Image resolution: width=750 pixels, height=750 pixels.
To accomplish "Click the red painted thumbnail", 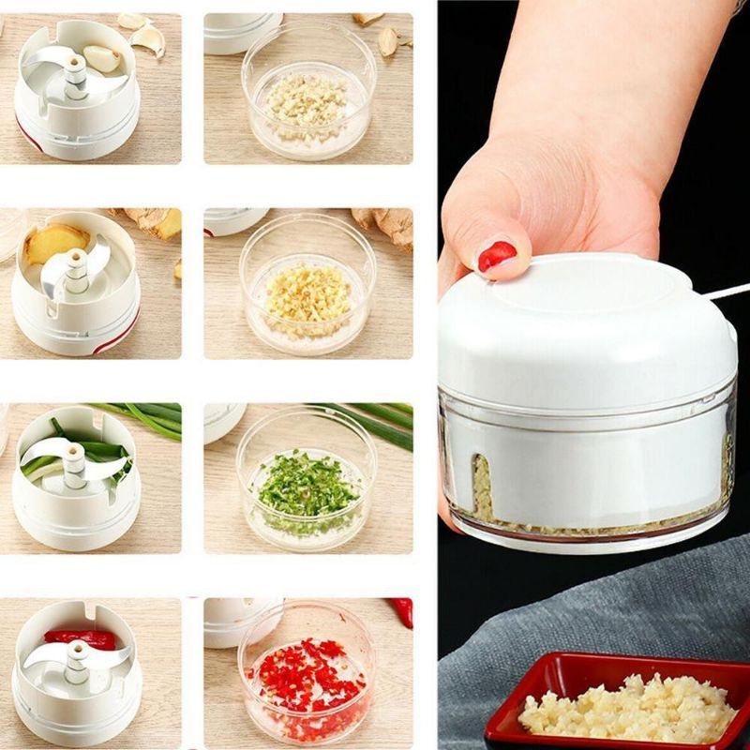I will (x=497, y=255).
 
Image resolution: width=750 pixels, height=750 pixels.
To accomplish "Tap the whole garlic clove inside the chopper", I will (x=102, y=59).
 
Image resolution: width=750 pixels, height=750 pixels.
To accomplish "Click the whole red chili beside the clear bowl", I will (x=402, y=610).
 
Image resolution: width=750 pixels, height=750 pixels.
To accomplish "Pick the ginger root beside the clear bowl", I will (x=385, y=226).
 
